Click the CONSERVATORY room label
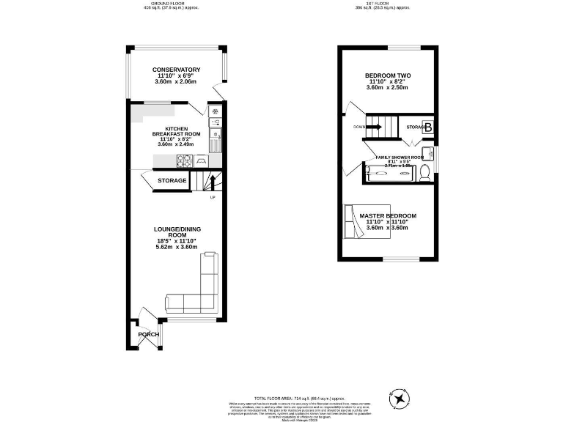(177, 70)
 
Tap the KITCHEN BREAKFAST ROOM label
(177, 131)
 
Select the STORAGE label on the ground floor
(172, 180)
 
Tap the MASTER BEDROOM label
(388, 215)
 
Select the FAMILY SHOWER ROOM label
(400, 158)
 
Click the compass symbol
(400, 399)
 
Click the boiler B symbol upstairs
(428, 127)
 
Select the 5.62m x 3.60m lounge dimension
(178, 247)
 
